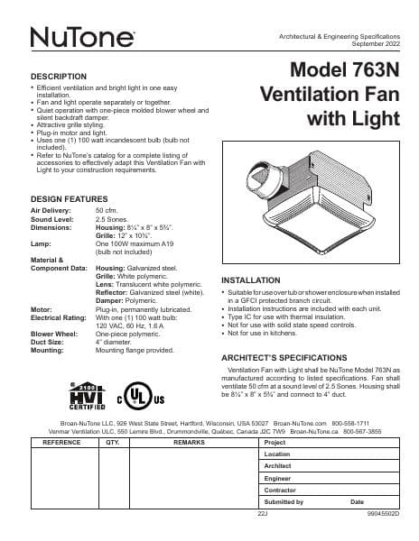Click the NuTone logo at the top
82,38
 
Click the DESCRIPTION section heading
59,77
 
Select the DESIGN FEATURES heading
70,198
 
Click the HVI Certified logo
82,395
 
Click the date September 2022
373,43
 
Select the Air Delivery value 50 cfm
107,209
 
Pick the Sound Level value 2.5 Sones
112,217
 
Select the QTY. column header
113,444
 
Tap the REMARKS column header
190,444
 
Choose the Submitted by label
284,500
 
